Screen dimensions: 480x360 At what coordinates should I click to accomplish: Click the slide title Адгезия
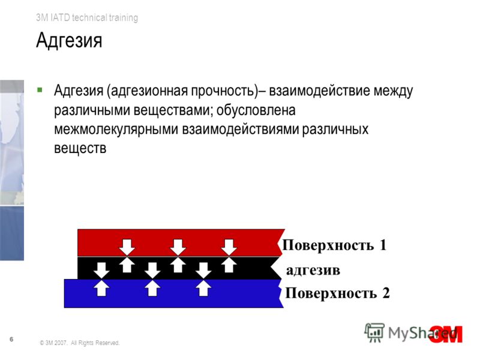tap(69, 40)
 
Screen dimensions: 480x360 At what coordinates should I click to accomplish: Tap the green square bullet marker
tap(40, 90)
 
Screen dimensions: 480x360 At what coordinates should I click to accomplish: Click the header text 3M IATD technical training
tap(87, 17)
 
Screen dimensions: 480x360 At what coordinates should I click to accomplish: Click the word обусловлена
tap(256, 110)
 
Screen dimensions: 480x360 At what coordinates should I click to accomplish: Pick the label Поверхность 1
tap(334, 245)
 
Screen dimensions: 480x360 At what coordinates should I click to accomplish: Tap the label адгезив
tap(313, 271)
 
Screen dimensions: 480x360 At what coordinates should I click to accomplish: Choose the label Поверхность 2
tap(337, 293)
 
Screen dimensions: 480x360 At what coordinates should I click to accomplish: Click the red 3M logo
tap(446, 334)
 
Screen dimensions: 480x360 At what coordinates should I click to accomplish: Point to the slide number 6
tap(11, 339)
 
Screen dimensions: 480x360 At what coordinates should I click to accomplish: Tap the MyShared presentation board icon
tap(374, 332)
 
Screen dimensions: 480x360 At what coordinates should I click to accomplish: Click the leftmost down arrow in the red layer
tap(127, 247)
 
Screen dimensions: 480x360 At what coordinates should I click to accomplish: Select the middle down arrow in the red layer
tap(178, 247)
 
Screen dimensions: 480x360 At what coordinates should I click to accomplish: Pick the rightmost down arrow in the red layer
tap(229, 247)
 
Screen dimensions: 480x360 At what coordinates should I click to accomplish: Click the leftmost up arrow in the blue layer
tap(101, 289)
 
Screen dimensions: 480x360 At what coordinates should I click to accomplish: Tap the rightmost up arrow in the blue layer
tap(203, 289)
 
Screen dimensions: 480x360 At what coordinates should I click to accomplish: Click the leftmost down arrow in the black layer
tap(101, 270)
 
